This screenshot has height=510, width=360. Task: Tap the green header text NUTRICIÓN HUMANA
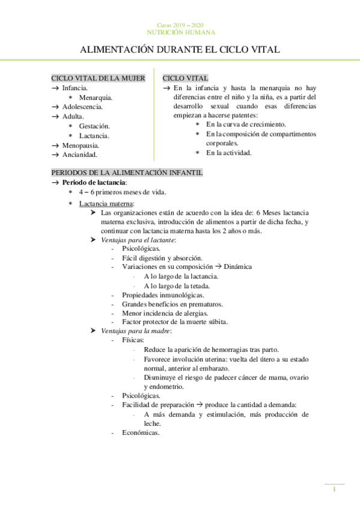[180, 32]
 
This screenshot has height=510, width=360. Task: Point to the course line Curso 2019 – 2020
[180, 24]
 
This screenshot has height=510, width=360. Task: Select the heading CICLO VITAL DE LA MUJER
[99, 78]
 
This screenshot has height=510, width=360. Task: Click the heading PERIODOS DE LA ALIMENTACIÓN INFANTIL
[127, 173]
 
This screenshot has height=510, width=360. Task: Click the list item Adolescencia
[82, 106]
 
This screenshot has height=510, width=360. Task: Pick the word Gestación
[94, 126]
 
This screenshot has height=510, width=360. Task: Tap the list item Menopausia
[81, 146]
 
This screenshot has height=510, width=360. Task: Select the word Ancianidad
[79, 155]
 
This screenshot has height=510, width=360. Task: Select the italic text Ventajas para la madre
[136, 331]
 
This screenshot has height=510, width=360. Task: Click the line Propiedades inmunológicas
[163, 295]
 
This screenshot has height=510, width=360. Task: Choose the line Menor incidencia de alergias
[165, 313]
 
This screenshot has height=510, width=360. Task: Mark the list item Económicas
[141, 432]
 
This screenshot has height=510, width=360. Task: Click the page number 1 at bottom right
[335, 491]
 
